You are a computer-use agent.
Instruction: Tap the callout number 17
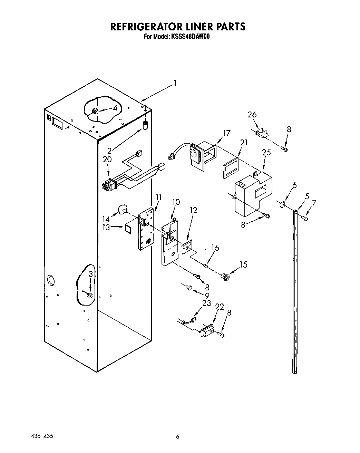(226, 133)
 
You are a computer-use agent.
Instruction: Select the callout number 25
(266, 152)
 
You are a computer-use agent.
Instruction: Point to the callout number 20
(107, 160)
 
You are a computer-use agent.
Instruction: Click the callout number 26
(252, 115)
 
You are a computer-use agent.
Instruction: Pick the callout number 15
(243, 264)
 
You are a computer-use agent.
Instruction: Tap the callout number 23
(206, 303)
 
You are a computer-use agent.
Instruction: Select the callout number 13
(106, 227)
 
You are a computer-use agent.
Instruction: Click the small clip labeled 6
(281, 205)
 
